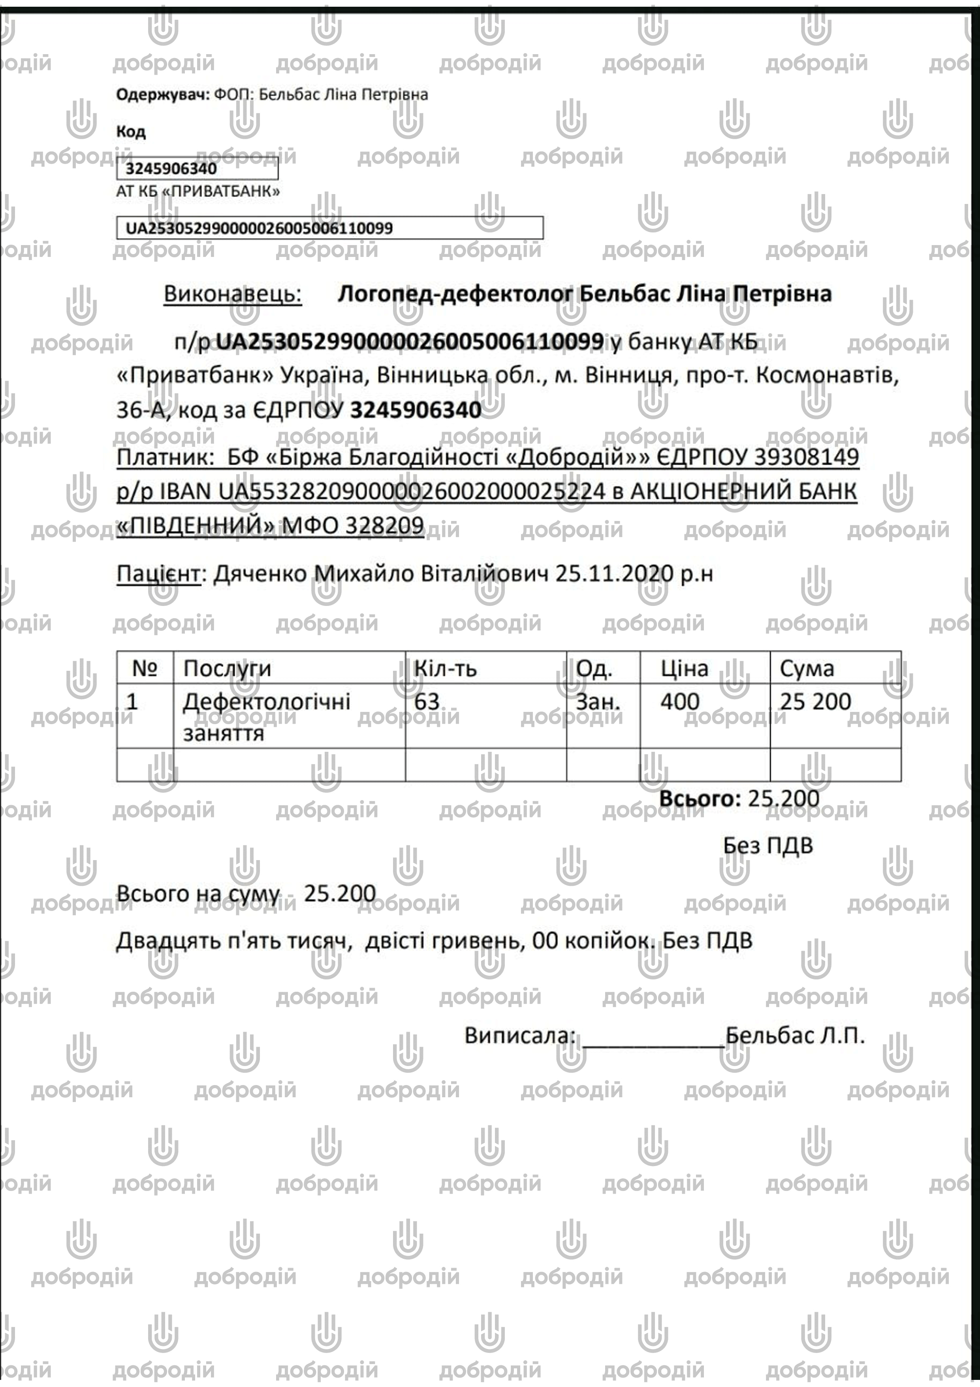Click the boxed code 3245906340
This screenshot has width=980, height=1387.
pos(171,168)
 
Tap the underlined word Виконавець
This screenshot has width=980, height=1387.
pos(233,294)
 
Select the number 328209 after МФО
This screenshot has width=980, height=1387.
pos(384,526)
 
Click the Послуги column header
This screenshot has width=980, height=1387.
pos(227,668)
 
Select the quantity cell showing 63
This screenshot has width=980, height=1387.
pos(427,701)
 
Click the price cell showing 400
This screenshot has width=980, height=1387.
pos(680,701)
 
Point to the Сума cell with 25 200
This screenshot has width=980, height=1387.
pos(815,701)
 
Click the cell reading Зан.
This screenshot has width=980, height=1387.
pos(598,701)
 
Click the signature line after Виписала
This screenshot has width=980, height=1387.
pos(652,1037)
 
